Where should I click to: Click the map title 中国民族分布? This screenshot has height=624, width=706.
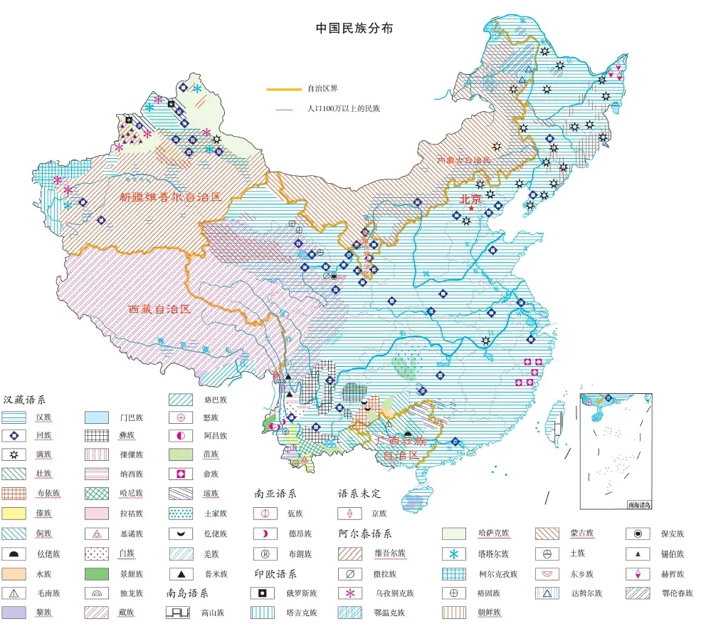pos(354,29)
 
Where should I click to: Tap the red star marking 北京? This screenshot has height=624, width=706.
pos(470,207)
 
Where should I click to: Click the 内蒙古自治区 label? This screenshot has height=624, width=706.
pos(463,160)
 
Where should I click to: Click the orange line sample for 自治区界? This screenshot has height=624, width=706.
pos(283,90)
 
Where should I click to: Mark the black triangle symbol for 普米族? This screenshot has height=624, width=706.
pos(180,573)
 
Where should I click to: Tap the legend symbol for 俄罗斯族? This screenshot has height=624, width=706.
pos(264,593)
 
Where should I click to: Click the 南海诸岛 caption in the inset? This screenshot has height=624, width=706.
pos(638,504)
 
